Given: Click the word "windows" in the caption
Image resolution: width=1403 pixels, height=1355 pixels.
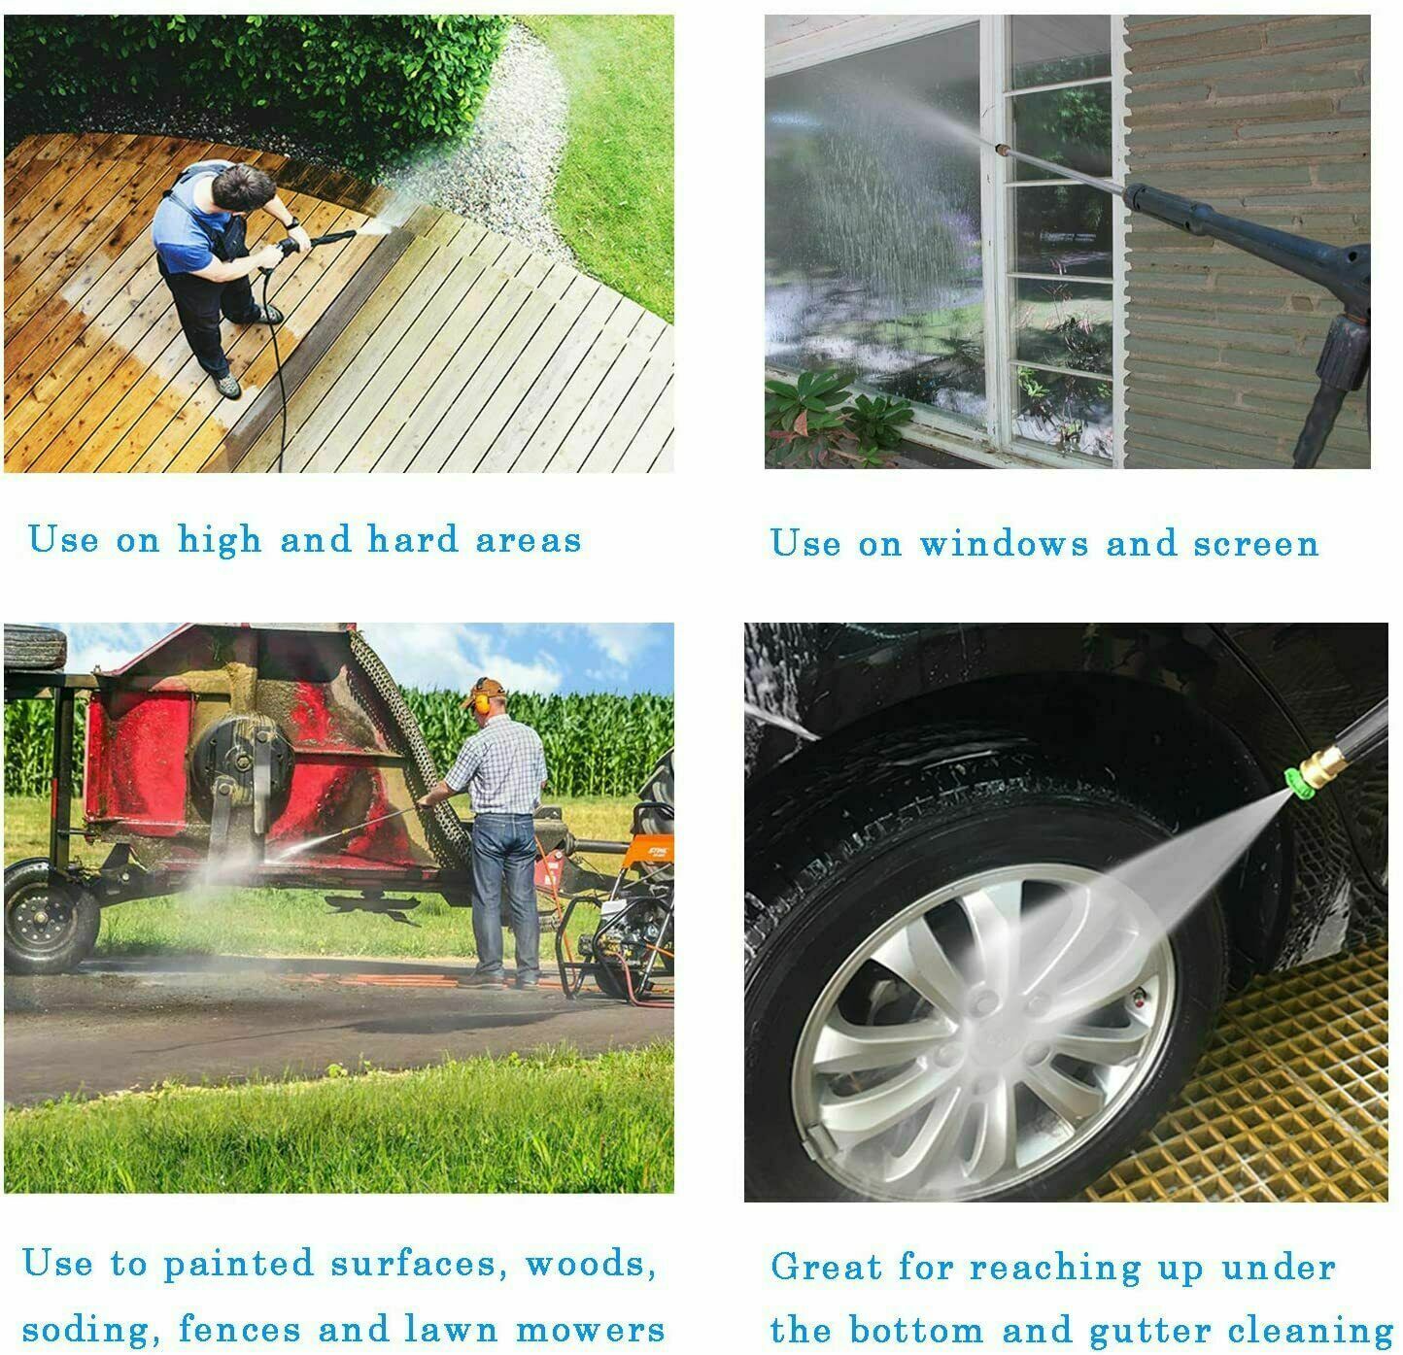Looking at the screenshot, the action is coord(1003,543).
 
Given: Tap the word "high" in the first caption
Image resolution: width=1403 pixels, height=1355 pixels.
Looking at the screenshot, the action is coord(220,541).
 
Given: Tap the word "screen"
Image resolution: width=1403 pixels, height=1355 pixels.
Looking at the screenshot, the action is coord(1256,545).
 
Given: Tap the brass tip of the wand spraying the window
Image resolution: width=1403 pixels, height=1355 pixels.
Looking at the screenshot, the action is coord(999,150).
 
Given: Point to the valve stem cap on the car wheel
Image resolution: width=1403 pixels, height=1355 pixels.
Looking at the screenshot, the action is coord(1138,999).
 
